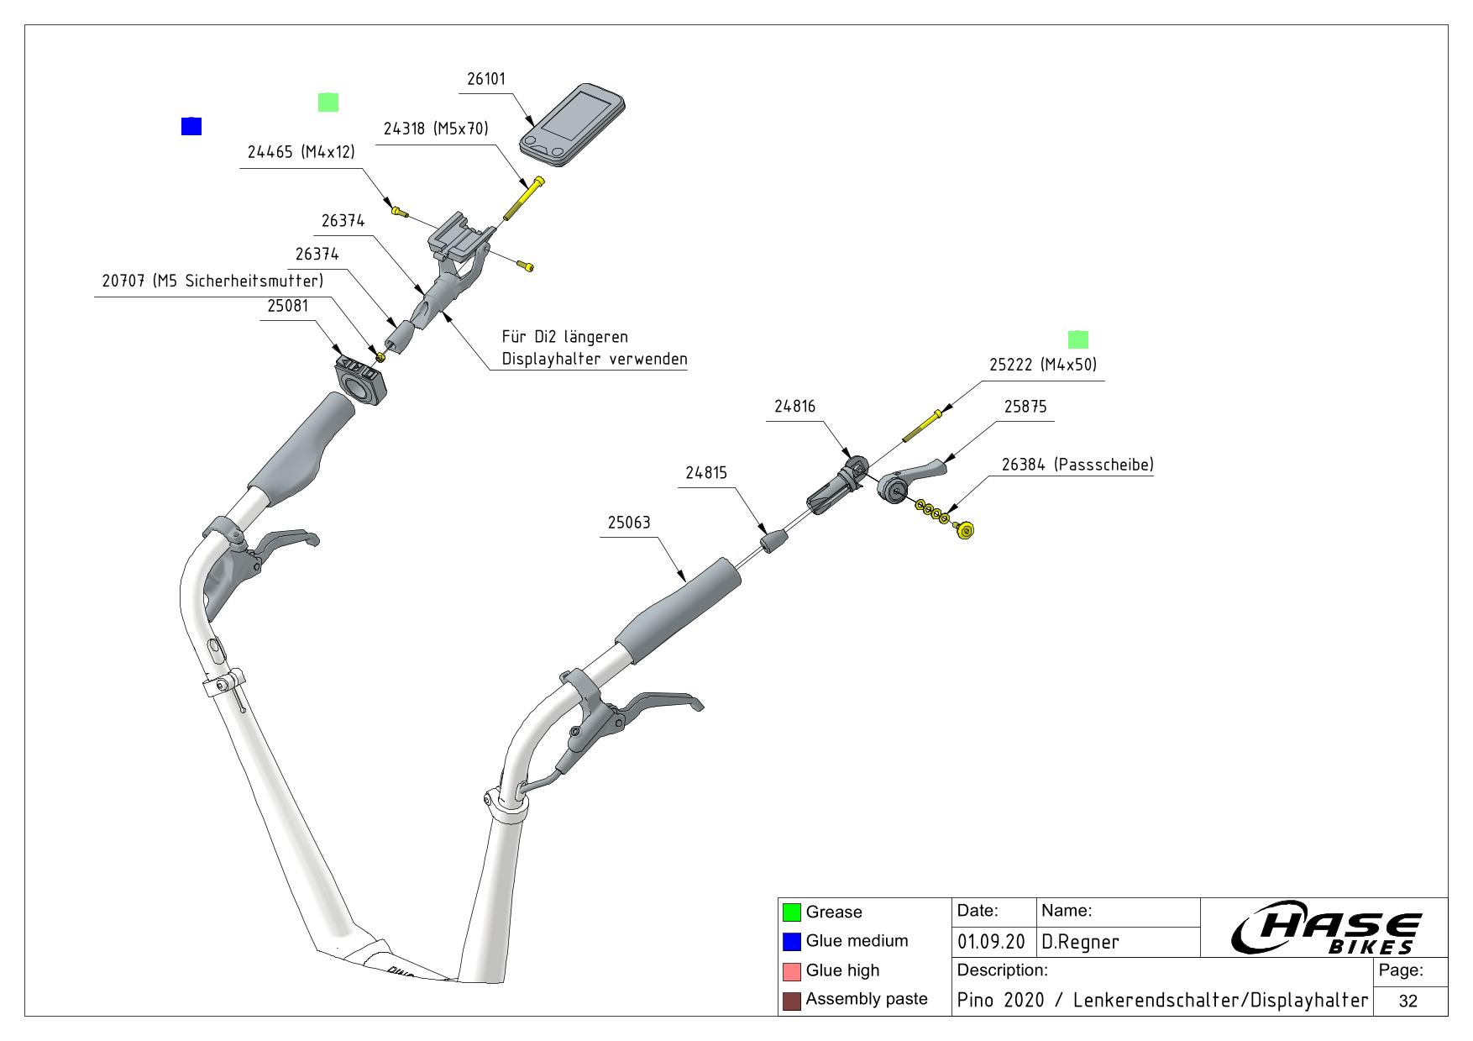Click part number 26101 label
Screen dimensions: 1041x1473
coord(486,79)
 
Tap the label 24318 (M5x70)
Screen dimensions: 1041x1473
coord(435,129)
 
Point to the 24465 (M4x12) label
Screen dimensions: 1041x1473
coord(301,153)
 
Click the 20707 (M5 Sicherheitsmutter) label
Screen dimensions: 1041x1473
coord(212,281)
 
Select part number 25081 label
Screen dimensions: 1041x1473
coord(288,306)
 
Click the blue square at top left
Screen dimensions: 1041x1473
coord(191,126)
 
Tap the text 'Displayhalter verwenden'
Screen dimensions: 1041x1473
coord(594,360)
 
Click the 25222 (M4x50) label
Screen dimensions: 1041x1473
coord(1042,365)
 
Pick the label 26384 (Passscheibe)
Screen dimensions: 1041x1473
coord(1077,465)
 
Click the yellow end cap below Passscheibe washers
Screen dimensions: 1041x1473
coord(965,530)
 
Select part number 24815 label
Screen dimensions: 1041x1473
coord(706,473)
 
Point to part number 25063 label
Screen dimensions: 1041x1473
coord(629,523)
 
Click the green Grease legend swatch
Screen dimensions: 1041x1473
coord(791,912)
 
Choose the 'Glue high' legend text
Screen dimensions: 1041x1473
coord(842,970)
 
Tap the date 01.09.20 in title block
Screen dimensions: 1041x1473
coord(992,942)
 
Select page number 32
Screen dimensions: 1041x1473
coord(1408,1001)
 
